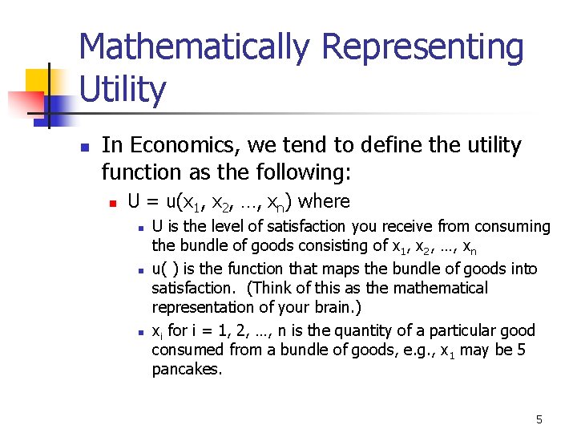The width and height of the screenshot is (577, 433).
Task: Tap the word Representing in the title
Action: pos(416,48)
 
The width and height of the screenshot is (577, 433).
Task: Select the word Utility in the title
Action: pos(123,90)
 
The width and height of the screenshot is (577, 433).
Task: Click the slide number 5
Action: pos(539,419)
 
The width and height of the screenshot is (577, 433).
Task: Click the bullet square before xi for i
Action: pos(140,331)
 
